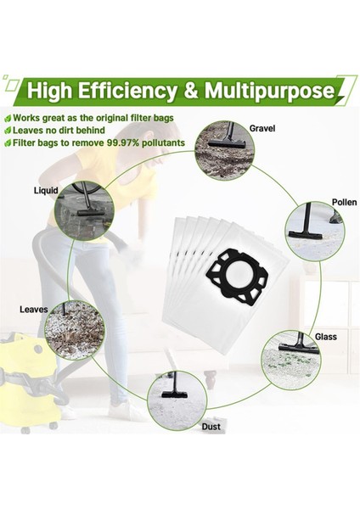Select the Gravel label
[x=262, y=128]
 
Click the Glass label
[x=326, y=337]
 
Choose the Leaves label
[x=33, y=309]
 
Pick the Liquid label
[x=45, y=191]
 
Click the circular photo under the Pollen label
[x=314, y=231]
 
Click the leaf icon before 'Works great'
[x=8, y=119]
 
